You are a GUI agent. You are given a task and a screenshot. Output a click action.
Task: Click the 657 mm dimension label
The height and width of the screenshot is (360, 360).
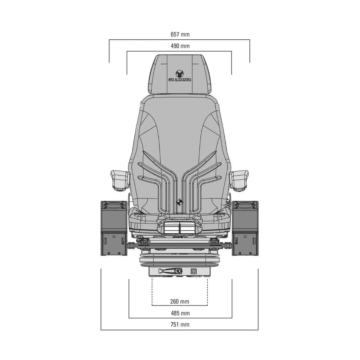coord(180,34)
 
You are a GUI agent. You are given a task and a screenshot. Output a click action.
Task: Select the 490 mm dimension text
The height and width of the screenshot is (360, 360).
coord(180,46)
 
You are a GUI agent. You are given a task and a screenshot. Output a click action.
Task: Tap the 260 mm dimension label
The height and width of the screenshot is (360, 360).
coord(180,301)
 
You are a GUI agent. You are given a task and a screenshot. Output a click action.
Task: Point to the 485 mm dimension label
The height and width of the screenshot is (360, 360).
coord(180,313)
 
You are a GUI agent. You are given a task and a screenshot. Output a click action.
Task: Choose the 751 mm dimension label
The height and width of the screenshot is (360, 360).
coord(180,324)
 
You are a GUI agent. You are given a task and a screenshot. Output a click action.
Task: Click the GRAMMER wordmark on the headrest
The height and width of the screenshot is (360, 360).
coord(180,80)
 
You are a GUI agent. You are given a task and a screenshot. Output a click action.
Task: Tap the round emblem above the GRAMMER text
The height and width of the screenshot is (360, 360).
coord(179,74)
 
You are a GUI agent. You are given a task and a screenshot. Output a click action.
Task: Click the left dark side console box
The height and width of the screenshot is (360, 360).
coord(114,228)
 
